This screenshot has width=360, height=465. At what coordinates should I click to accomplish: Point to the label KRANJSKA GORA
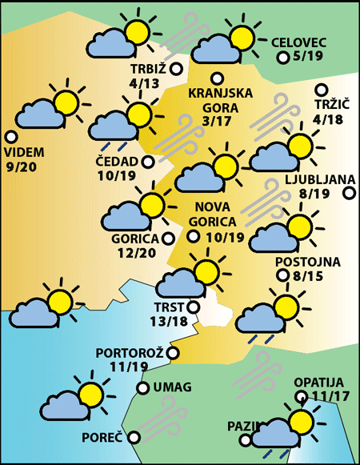(221, 99)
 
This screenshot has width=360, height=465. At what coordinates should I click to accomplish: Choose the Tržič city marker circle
(322, 90)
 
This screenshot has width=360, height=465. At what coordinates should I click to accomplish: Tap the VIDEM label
(25, 152)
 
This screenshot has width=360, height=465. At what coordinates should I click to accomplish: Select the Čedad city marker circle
(148, 162)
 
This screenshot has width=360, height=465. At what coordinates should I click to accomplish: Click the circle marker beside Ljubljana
(350, 193)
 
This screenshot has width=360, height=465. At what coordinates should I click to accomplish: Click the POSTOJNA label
(308, 262)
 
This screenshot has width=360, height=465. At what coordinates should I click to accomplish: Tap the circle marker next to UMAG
(142, 388)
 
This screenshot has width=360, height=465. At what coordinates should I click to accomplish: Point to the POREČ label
(102, 439)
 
